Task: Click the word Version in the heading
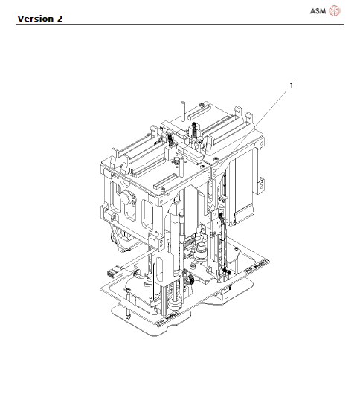pyautogui.click(x=36, y=19)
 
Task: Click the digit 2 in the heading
pyautogui.click(x=60, y=19)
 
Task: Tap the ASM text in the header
pyautogui.click(x=318, y=11)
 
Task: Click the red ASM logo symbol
pyautogui.click(x=335, y=10)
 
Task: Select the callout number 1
pyautogui.click(x=292, y=85)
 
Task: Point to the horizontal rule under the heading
pyautogui.click(x=179, y=24)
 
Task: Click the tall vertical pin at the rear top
pyautogui.click(x=183, y=111)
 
